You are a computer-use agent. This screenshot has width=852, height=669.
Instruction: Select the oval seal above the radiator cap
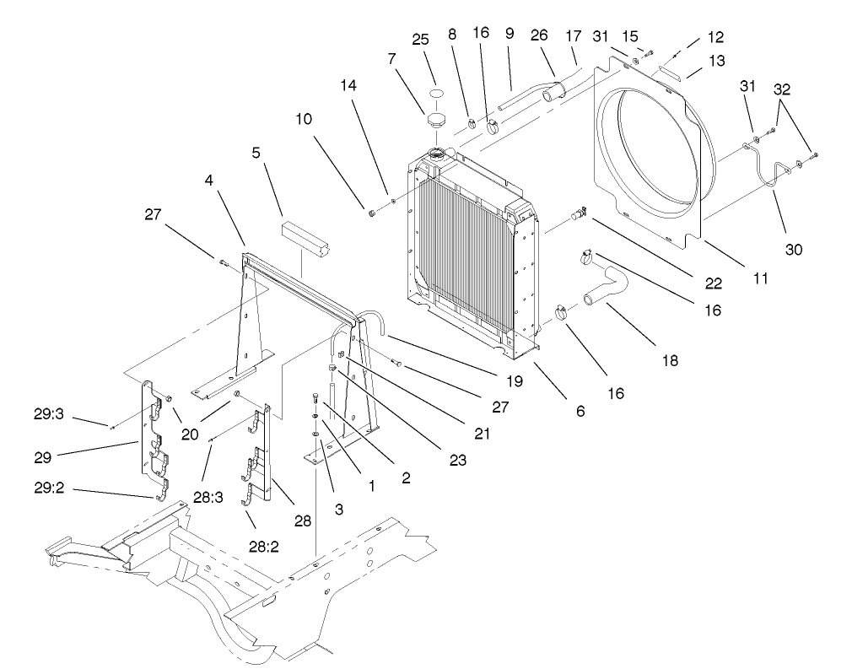click(x=434, y=94)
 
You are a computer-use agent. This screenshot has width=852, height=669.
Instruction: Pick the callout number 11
click(x=761, y=278)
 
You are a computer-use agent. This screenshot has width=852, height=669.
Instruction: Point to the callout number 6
click(x=580, y=411)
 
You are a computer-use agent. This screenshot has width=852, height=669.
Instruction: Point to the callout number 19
click(x=513, y=381)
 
